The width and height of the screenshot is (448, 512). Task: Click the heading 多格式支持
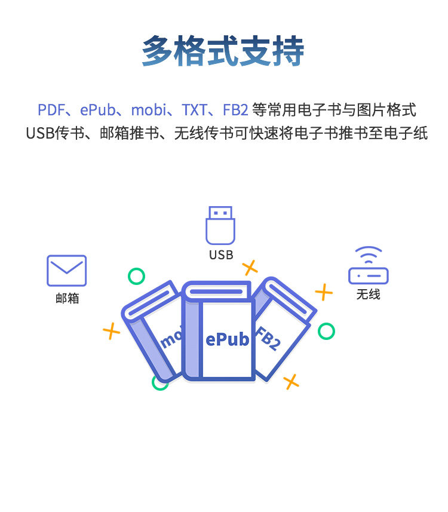tap(223, 52)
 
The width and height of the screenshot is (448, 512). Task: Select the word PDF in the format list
tap(50, 110)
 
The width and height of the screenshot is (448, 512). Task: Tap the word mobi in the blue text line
tap(147, 110)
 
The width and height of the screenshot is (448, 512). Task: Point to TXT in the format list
tap(195, 110)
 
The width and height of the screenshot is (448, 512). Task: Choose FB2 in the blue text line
tap(235, 110)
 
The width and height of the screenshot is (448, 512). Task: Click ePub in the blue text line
tap(97, 110)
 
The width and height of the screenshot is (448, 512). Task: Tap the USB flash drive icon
tap(220, 225)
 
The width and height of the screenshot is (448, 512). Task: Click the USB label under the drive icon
tap(220, 255)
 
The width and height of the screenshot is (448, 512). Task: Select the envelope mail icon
tap(67, 271)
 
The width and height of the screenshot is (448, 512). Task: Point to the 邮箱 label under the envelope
tap(67, 298)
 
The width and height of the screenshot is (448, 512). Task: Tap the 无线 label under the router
tap(369, 295)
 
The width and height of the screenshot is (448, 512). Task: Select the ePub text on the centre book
tap(227, 340)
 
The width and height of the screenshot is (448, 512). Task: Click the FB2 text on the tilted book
tap(268, 339)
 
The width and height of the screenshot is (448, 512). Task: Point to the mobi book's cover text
tap(170, 339)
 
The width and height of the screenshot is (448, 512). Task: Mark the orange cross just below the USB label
tap(250, 268)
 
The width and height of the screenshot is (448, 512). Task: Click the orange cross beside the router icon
tap(324, 292)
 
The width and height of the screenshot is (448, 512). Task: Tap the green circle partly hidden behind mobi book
tap(159, 383)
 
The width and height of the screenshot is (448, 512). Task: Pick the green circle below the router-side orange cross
tap(326, 331)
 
